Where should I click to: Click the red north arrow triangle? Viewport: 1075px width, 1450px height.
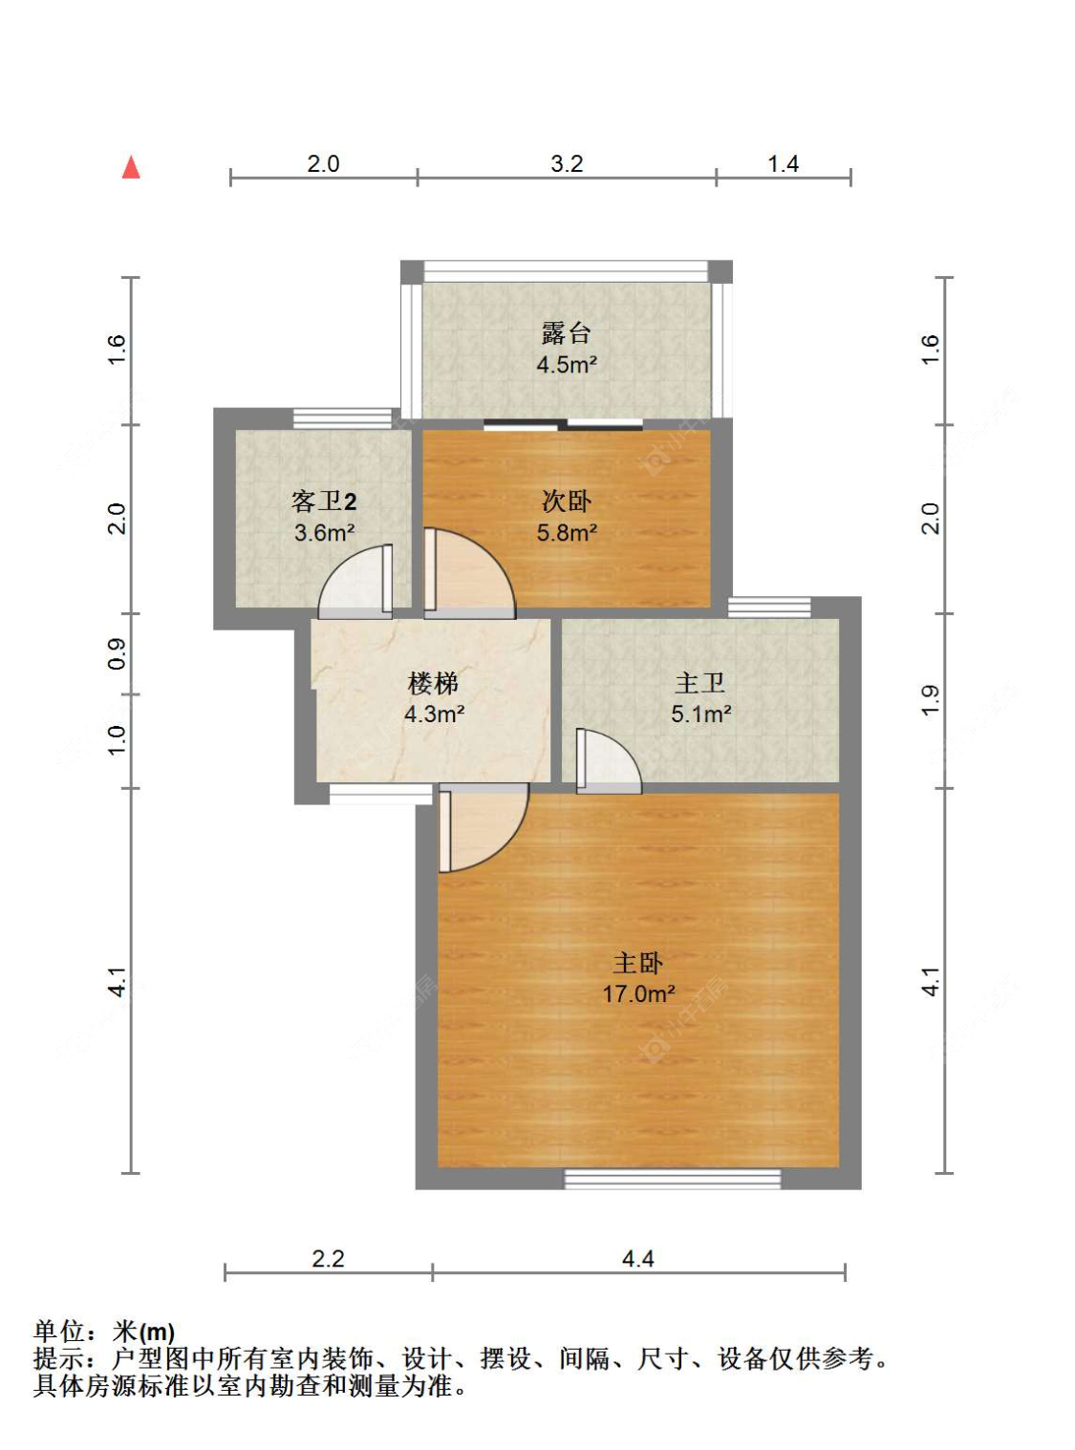tap(132, 167)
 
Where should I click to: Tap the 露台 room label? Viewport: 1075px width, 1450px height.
tap(567, 334)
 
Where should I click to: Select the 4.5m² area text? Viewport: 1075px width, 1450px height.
tap(567, 365)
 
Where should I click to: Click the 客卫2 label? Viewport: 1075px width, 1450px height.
tap(324, 502)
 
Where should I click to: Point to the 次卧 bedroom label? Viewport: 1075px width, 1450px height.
tap(567, 502)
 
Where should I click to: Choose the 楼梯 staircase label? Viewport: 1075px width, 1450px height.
tap(433, 684)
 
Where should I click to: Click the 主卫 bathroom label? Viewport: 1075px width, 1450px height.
tap(700, 684)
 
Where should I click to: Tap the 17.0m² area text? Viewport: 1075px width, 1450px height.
tap(638, 994)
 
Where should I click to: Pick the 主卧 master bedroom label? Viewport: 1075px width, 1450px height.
tap(638, 963)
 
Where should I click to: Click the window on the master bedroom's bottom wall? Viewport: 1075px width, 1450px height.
tap(673, 1179)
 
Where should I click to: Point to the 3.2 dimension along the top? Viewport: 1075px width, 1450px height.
tap(567, 163)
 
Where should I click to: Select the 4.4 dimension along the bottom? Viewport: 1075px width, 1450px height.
tap(638, 1258)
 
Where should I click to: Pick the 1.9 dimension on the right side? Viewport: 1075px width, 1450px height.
tap(931, 700)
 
